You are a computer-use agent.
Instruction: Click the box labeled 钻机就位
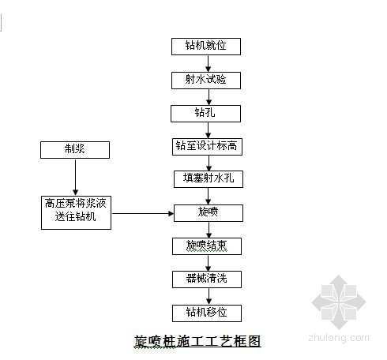pos(206,47)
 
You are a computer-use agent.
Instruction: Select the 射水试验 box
pos(206,81)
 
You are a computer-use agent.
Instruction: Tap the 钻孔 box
pos(205,114)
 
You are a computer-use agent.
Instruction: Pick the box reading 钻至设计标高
pos(207,147)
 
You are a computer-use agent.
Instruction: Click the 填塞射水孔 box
pos(209,179)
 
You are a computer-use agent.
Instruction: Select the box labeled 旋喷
pos(209,213)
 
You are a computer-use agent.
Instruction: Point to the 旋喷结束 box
pos(207,246)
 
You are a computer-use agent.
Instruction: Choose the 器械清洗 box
pos(207,279)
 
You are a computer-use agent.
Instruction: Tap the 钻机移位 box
pos(207,313)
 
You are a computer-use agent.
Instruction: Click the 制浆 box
pos(75,150)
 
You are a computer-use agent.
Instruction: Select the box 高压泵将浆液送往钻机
pos(76,212)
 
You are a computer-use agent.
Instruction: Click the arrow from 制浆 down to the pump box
pos(76,178)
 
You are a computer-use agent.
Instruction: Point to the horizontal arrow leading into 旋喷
pos(143,213)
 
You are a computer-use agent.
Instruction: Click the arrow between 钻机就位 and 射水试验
pos(209,63)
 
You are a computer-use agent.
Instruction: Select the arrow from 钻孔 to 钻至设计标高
pos(209,130)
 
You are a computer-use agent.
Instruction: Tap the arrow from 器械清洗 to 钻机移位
pos(209,296)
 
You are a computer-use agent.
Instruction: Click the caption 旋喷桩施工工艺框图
pos(197,341)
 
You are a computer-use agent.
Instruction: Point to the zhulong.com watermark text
pos(339,338)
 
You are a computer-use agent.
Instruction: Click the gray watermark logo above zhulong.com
pos(339,302)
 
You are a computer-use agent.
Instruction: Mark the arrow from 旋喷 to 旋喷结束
pos(209,230)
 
